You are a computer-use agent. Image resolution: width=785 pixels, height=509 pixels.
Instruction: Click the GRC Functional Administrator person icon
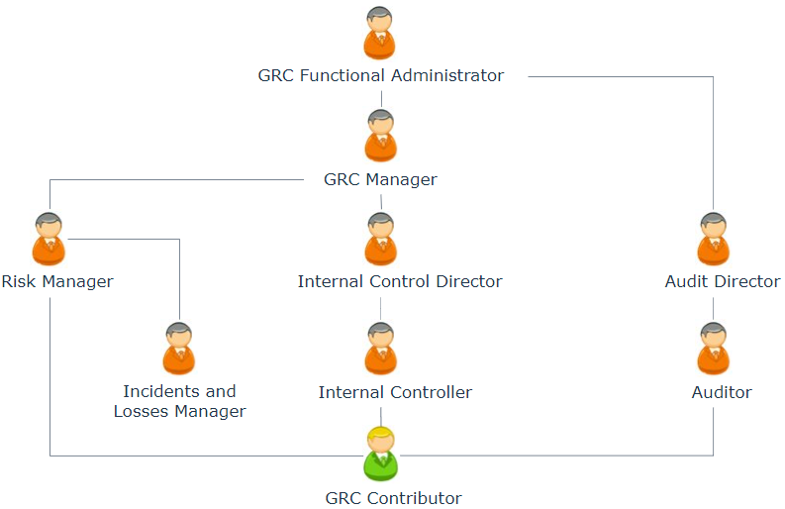(380, 34)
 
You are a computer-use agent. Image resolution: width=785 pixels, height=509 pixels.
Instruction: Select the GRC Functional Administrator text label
(381, 75)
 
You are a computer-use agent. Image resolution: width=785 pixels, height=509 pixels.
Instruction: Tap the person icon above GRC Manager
(380, 137)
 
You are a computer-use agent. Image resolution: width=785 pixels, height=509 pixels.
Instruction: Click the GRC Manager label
(380, 179)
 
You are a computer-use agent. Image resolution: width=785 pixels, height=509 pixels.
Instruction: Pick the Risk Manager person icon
(49, 239)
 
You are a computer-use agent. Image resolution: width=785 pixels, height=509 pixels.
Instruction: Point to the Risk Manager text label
(57, 281)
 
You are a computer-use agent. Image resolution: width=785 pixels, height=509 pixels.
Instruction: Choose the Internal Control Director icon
(380, 239)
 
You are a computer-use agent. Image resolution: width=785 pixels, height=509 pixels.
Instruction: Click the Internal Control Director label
(400, 281)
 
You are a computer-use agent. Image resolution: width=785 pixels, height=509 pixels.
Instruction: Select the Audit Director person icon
(713, 239)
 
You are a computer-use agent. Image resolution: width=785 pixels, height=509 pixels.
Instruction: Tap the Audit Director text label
(723, 281)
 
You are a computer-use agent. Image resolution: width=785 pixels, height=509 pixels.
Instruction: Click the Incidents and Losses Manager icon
(179, 349)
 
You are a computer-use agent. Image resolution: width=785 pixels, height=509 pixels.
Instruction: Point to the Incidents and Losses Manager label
(179, 401)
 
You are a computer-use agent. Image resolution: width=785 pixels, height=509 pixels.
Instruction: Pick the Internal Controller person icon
(380, 349)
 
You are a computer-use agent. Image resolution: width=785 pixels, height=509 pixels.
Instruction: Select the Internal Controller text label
(395, 392)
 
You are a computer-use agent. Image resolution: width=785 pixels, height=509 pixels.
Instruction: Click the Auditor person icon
(713, 349)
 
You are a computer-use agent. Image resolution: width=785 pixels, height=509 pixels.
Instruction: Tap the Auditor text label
(722, 392)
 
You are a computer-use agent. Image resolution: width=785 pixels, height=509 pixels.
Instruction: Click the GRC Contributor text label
(393, 498)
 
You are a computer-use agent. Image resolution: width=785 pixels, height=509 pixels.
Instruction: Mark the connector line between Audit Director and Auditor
(713, 308)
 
